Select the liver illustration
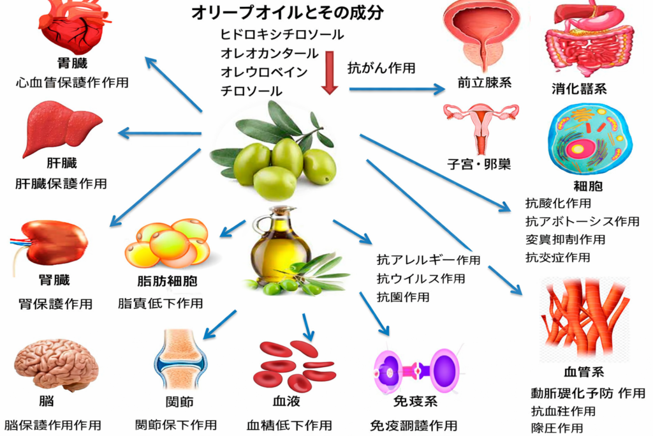[61, 128]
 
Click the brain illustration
[56, 364]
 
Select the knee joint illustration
[180, 361]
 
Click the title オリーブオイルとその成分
[288, 13]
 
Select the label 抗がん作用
[381, 68]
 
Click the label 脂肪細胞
[167, 282]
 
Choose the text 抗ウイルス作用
[420, 278]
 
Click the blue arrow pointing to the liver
[159, 133]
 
